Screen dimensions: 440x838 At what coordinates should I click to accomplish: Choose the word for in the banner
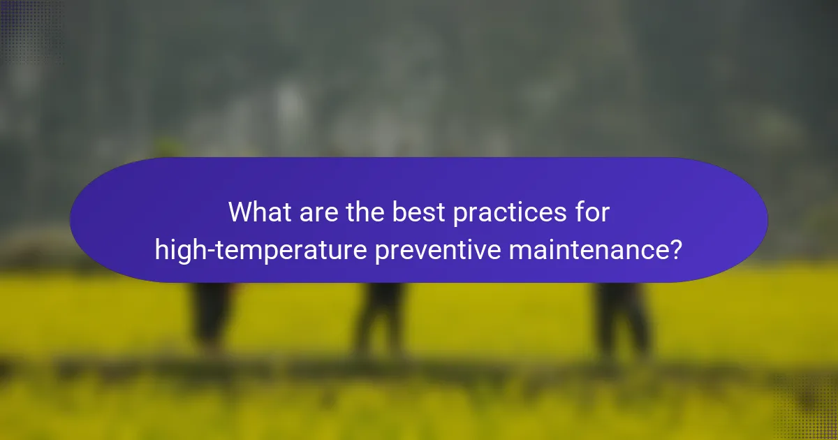[593, 212]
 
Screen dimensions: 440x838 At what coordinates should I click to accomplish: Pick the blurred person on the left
[209, 314]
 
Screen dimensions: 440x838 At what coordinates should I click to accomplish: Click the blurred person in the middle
[381, 318]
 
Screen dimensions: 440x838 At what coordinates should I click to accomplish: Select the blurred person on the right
[622, 318]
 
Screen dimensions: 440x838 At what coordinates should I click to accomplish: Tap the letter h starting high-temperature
[161, 249]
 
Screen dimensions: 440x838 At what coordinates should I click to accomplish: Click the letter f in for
[580, 212]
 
